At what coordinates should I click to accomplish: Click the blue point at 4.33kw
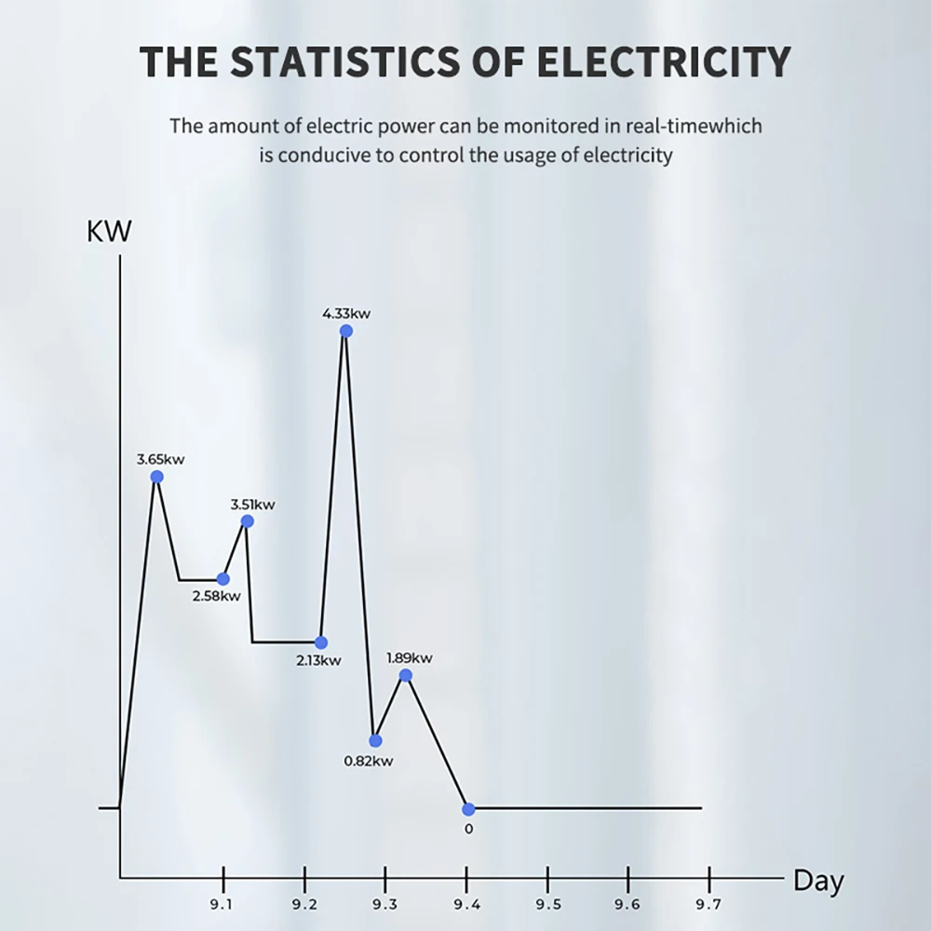click(x=346, y=331)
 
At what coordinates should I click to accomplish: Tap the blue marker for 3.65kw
click(x=156, y=477)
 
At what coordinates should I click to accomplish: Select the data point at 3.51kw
click(x=248, y=521)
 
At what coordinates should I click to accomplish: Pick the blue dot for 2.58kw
click(x=223, y=579)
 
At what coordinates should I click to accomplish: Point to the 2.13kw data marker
click(x=320, y=642)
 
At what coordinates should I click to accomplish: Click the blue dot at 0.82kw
click(x=375, y=740)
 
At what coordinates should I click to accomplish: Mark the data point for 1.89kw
click(x=406, y=675)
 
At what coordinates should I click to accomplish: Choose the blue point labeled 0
click(x=468, y=809)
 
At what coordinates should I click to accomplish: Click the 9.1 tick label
click(x=221, y=904)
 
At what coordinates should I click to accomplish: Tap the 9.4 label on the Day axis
click(x=466, y=904)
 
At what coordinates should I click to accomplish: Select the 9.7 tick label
click(x=708, y=904)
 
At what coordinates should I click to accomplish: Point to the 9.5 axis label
click(x=548, y=904)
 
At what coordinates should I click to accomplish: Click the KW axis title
click(x=109, y=231)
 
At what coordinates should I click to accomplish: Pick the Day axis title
click(x=818, y=881)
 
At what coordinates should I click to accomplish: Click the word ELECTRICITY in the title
click(x=664, y=61)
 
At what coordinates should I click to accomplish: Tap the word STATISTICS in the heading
click(x=344, y=61)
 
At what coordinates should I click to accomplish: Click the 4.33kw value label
click(x=346, y=314)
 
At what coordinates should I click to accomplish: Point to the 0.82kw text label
click(x=368, y=762)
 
